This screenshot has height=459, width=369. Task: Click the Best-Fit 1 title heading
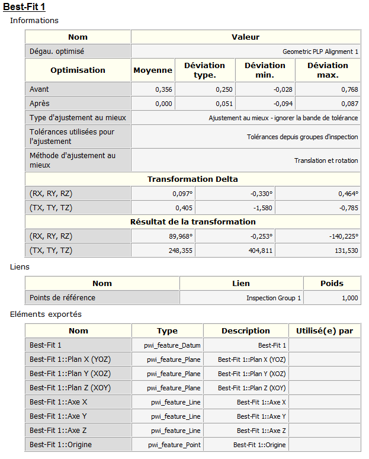coord(24,7)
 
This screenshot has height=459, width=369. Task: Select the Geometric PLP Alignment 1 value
coord(320,52)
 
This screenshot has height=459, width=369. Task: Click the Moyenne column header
coord(153,70)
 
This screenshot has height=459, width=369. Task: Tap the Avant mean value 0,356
coord(163,89)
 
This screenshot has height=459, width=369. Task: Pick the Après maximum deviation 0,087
coord(349,104)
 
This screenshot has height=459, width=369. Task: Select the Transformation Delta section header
coord(192,179)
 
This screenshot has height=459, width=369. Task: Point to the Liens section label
coord(20,267)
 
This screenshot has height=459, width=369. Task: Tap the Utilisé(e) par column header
coord(324,330)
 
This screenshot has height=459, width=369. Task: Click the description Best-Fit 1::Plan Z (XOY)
coord(252,388)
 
